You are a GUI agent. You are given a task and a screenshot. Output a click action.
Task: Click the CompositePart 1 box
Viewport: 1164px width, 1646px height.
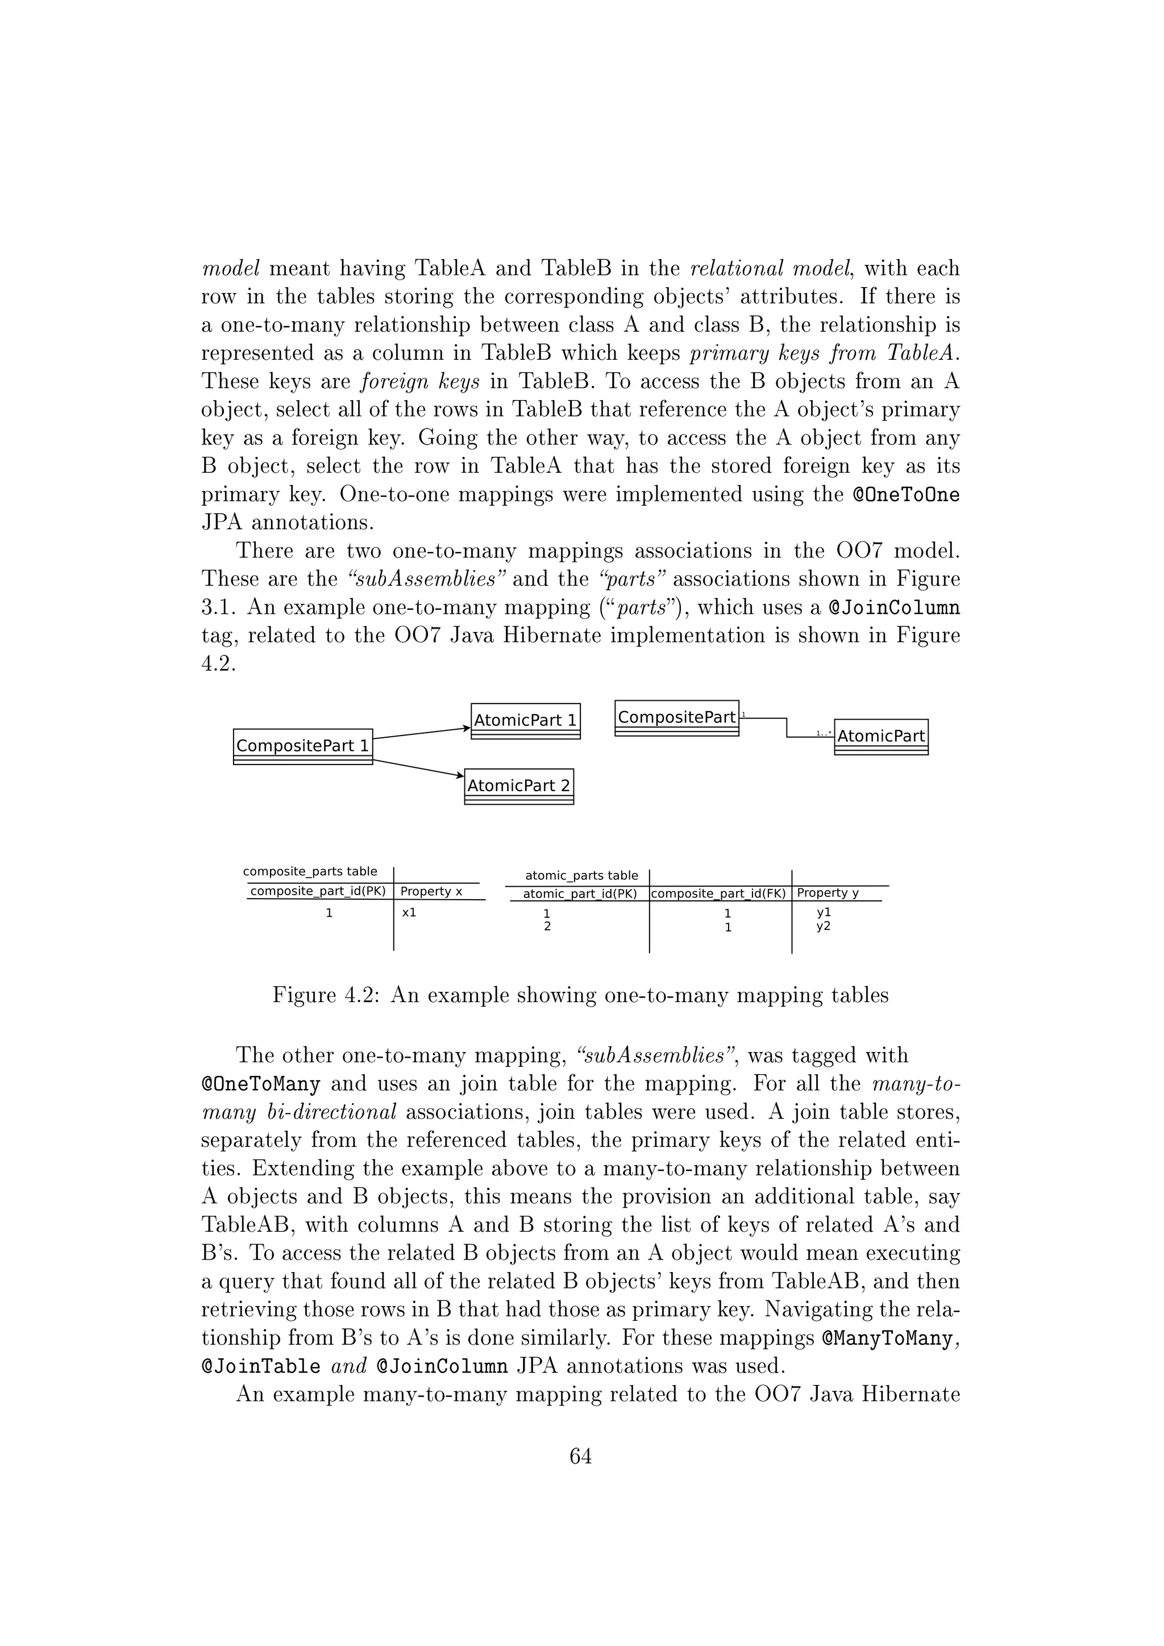[x=302, y=746]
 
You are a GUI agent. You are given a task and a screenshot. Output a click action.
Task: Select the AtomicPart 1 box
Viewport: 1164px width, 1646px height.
[x=525, y=721]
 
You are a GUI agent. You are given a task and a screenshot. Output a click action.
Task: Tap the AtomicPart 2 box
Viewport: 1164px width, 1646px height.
[x=519, y=785]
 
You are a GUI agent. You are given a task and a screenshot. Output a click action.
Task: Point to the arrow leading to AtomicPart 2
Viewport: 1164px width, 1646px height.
[x=418, y=768]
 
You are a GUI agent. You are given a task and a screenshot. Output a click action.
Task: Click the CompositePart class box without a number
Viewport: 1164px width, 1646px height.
[x=676, y=718]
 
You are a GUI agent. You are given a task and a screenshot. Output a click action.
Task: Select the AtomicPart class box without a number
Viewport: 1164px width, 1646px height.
[x=881, y=736]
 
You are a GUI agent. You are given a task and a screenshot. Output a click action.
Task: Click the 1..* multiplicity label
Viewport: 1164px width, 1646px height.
[x=824, y=733]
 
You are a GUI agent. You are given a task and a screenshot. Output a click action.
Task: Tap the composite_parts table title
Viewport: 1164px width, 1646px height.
[x=310, y=872]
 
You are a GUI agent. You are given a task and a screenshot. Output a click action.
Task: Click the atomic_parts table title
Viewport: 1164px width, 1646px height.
[x=581, y=875]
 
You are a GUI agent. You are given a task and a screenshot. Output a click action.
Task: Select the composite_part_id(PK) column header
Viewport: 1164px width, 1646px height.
[x=318, y=891]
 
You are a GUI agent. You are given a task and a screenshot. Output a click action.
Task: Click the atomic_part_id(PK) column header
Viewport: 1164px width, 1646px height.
[x=580, y=894]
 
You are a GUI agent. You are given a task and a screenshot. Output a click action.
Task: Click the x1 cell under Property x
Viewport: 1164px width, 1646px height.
[x=409, y=913]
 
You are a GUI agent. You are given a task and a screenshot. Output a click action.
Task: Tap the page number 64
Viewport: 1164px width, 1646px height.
[x=580, y=1456]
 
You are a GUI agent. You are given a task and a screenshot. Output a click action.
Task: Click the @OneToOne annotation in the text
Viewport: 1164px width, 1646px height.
[x=906, y=494]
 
